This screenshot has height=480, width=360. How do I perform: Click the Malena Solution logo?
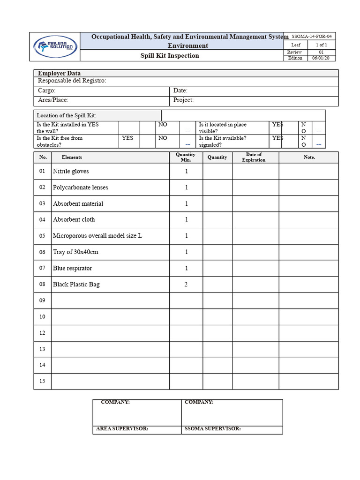[x=55, y=46]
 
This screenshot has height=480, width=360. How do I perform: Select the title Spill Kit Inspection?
[x=170, y=56]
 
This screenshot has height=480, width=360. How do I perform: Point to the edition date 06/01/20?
[x=321, y=58]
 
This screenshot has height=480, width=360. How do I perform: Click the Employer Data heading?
[x=59, y=73]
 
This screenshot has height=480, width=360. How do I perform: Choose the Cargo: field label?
[x=46, y=90]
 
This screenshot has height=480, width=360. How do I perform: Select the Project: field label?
[x=183, y=100]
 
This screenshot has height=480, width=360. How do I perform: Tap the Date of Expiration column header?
[x=254, y=157]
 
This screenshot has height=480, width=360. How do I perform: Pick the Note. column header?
[x=309, y=157]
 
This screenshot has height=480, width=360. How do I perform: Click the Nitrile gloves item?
[x=71, y=171]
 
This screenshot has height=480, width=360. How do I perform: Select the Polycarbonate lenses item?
[x=80, y=187]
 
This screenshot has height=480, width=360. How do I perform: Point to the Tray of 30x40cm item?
[x=75, y=252]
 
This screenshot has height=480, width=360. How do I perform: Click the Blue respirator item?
[x=72, y=268]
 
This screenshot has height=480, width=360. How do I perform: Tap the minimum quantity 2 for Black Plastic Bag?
[x=186, y=285]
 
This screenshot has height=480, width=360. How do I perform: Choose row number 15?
[x=42, y=381]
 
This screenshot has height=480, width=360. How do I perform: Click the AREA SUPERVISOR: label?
[x=122, y=429]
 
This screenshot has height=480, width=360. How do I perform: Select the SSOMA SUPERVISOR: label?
[x=213, y=429]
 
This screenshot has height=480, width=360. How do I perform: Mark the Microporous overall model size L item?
[x=97, y=236]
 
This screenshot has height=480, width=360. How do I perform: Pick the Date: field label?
[x=180, y=90]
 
